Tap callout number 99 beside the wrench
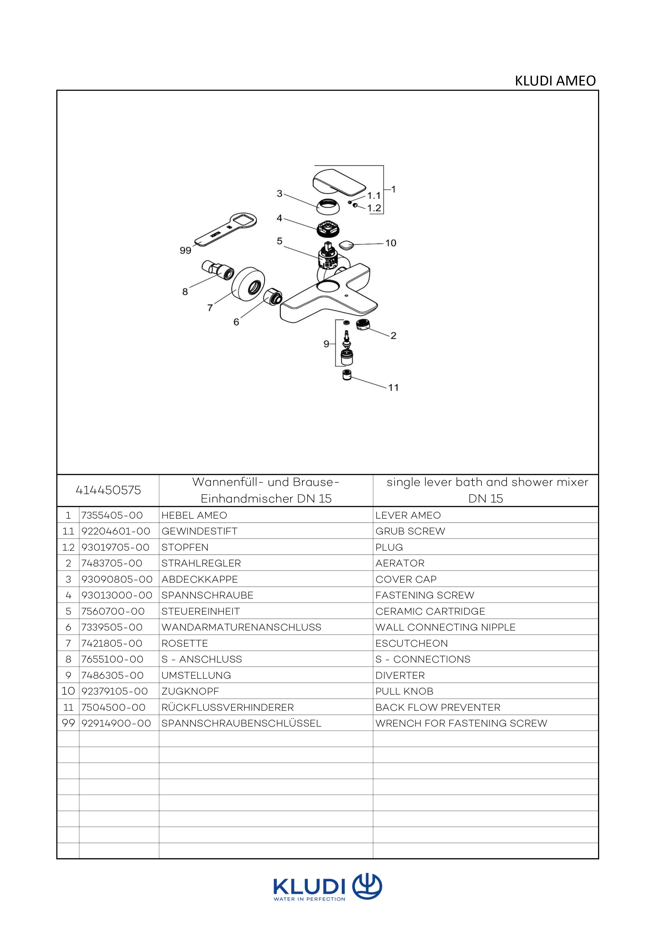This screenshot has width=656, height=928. click(185, 251)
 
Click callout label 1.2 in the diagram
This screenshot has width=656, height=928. click(374, 208)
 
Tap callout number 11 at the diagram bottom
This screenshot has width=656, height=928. click(393, 388)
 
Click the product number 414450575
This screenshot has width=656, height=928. click(108, 490)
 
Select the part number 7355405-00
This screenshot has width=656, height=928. click(112, 515)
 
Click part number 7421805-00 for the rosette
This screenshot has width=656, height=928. click(112, 643)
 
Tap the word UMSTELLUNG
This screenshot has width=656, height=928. click(196, 675)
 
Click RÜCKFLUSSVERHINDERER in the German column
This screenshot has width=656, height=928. click(227, 707)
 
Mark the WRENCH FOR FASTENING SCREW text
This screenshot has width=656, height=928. click(461, 723)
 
